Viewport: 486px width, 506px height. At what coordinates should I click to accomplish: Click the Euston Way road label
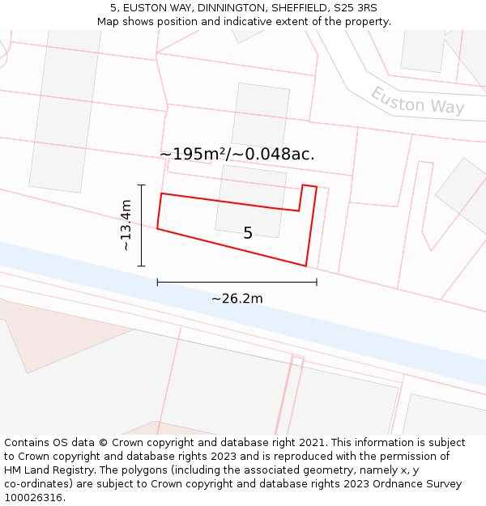tap(417, 100)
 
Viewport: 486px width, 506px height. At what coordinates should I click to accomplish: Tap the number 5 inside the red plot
tap(248, 233)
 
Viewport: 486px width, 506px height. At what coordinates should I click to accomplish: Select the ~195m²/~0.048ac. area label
tap(237, 154)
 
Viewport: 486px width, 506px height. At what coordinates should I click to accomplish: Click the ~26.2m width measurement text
tap(237, 299)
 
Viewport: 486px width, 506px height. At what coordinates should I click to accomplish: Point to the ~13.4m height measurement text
tap(126, 225)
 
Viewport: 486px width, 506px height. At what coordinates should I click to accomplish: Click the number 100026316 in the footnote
tap(34, 498)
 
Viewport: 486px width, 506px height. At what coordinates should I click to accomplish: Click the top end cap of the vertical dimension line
tap(142, 185)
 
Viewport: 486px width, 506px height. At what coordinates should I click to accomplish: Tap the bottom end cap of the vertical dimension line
tap(142, 266)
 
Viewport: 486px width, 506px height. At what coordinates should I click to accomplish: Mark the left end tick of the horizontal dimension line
tap(157, 282)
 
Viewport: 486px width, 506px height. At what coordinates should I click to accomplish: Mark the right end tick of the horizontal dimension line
tap(317, 282)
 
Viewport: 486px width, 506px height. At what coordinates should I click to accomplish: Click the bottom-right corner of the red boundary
tap(305, 266)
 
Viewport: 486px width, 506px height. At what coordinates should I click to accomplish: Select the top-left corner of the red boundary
tap(162, 193)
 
